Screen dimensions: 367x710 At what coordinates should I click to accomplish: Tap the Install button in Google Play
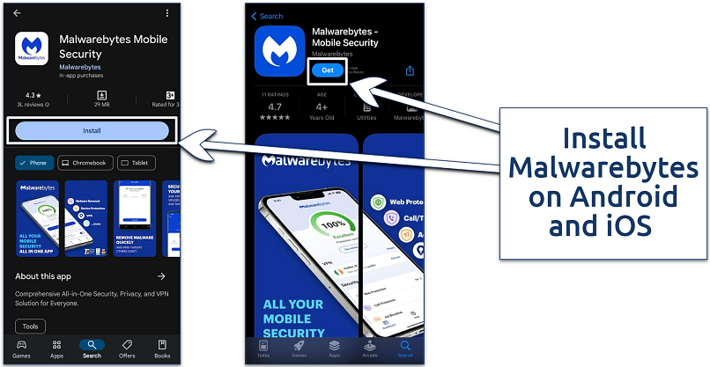click(x=92, y=131)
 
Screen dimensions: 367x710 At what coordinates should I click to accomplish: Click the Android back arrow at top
click(x=17, y=13)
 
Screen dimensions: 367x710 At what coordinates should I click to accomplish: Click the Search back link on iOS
click(x=267, y=16)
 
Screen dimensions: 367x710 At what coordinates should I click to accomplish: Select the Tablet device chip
click(x=137, y=163)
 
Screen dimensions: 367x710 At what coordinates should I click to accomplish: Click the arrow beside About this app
click(x=161, y=276)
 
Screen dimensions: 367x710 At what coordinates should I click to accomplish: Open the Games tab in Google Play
click(x=21, y=349)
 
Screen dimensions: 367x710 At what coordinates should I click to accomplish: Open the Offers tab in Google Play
click(x=127, y=349)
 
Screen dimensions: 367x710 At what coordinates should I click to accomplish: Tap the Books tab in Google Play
click(x=162, y=349)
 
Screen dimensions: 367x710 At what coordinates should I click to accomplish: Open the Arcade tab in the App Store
click(x=370, y=349)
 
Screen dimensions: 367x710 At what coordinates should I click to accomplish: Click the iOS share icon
click(x=410, y=71)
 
